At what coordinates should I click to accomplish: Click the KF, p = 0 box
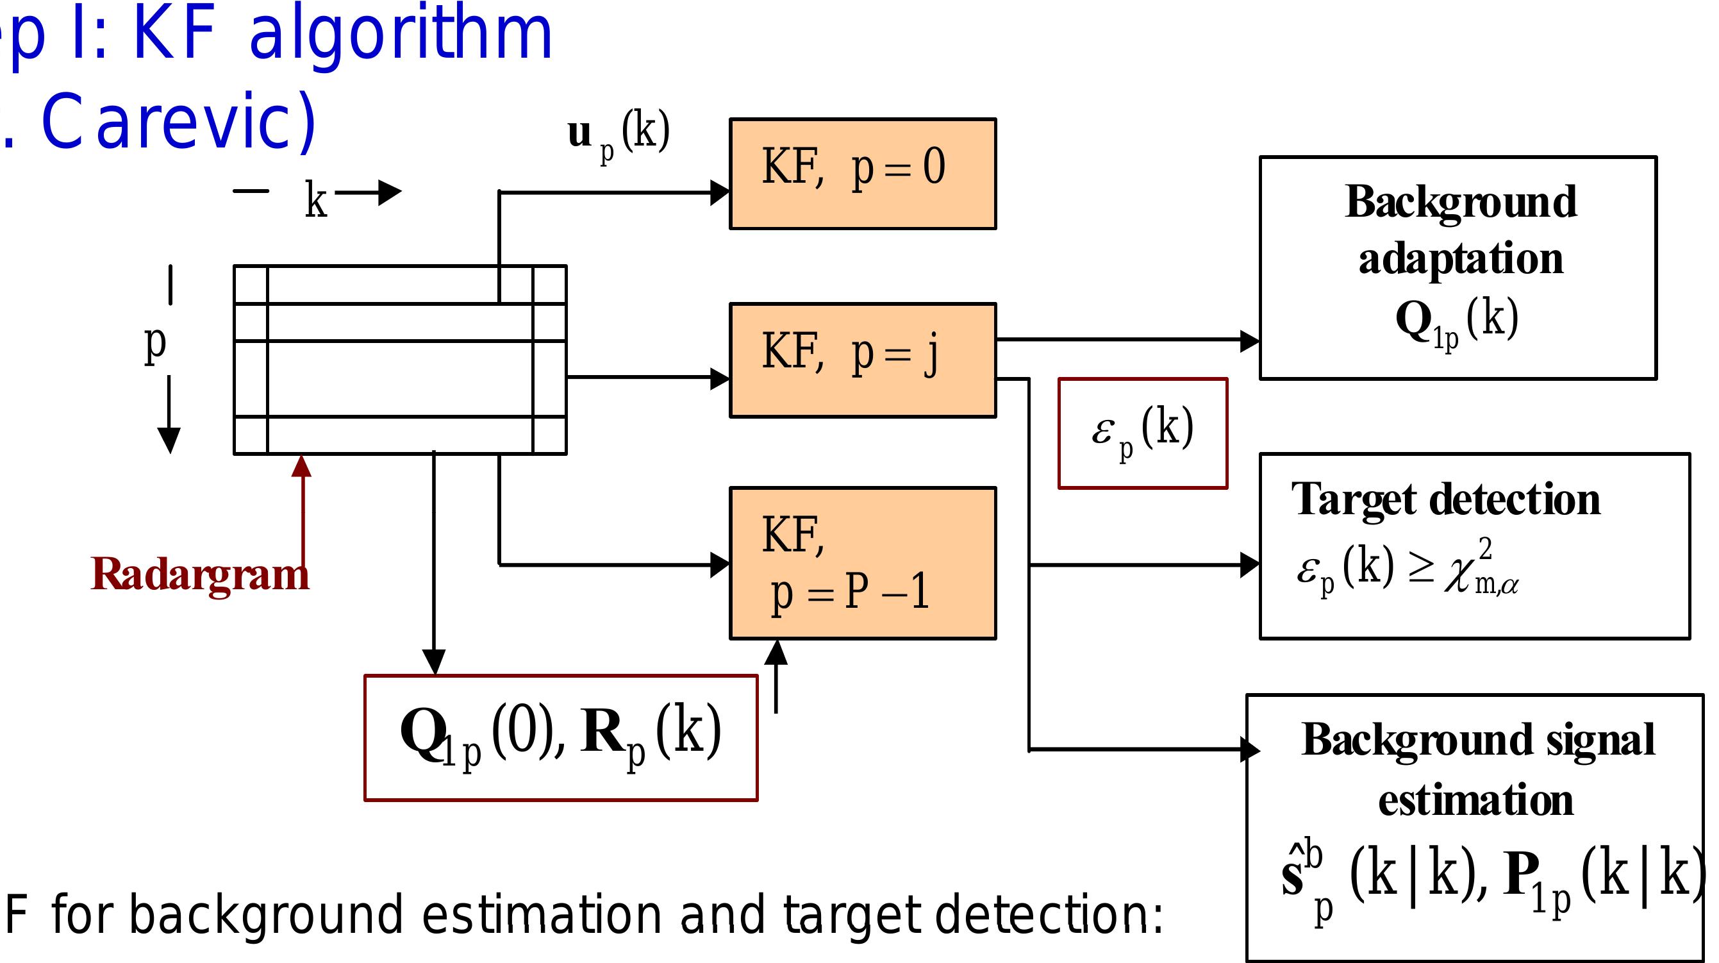[x=862, y=174]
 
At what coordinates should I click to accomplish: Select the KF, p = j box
[x=862, y=360]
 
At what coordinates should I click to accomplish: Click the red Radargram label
[x=199, y=574]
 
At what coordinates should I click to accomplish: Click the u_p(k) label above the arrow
[x=618, y=134]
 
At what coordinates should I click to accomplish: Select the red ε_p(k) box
[x=1142, y=433]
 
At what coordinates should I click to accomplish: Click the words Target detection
[x=1445, y=499]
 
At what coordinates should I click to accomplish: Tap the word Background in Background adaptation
[x=1461, y=201]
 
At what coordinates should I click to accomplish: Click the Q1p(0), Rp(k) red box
[x=561, y=737]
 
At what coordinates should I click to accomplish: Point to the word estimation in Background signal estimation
[x=1475, y=800]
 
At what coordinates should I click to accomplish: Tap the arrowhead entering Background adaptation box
[x=1249, y=340]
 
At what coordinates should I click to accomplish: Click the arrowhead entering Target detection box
[x=1249, y=565]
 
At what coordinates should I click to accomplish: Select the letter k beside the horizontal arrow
[x=315, y=199]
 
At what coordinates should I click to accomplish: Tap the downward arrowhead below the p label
[x=169, y=440]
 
